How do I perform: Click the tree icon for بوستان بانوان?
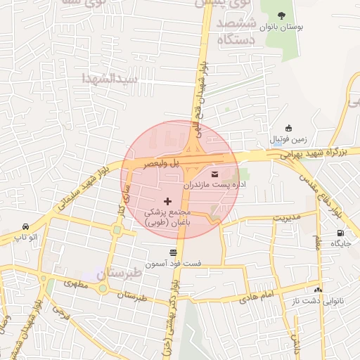point(282,15)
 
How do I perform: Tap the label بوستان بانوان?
point(282,27)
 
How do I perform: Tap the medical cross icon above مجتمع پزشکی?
point(167,202)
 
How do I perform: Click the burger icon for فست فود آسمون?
point(173,252)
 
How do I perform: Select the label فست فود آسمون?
point(173,264)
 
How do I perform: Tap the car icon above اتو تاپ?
point(26,227)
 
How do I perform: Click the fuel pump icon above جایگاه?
point(341,233)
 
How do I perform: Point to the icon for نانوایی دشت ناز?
point(318,290)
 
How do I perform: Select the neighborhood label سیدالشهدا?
point(113,77)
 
